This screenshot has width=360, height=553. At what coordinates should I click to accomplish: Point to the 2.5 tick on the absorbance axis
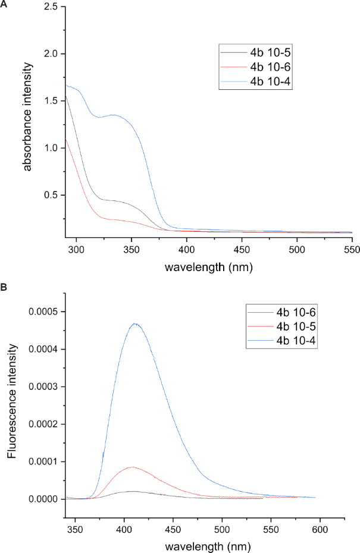pyautogui.click(x=52, y=7)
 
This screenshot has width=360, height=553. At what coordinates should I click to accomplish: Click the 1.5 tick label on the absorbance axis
pyautogui.click(x=52, y=101)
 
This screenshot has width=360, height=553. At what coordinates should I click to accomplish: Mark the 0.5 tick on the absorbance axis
pyautogui.click(x=52, y=195)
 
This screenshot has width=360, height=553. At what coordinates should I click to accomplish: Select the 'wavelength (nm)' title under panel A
pyautogui.click(x=208, y=267)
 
